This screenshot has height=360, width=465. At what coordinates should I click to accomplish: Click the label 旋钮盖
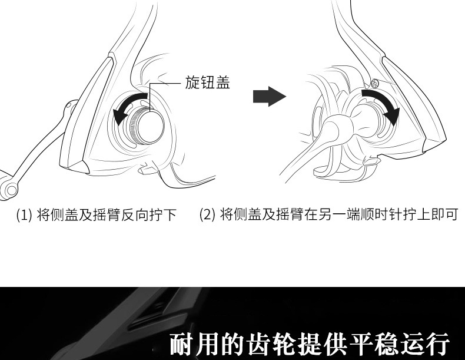207,83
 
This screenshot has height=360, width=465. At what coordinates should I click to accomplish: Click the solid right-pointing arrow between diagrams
268,97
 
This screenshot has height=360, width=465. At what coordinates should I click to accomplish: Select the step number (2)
207,214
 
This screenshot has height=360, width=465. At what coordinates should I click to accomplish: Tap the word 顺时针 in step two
380,214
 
